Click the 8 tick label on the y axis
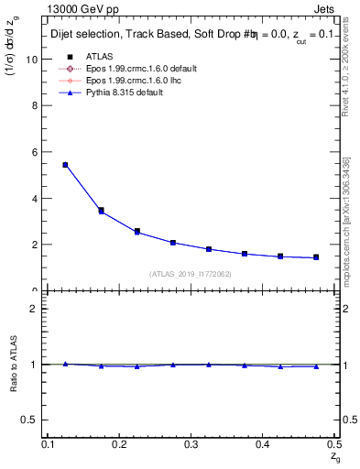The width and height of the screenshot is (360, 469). click(36, 105)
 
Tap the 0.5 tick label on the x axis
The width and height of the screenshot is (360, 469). click(333, 443)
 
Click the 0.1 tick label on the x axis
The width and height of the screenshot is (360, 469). click(50, 443)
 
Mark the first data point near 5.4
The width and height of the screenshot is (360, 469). click(65, 165)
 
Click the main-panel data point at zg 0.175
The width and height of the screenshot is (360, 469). click(101, 211)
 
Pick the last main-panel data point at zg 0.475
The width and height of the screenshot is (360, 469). click(316, 257)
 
